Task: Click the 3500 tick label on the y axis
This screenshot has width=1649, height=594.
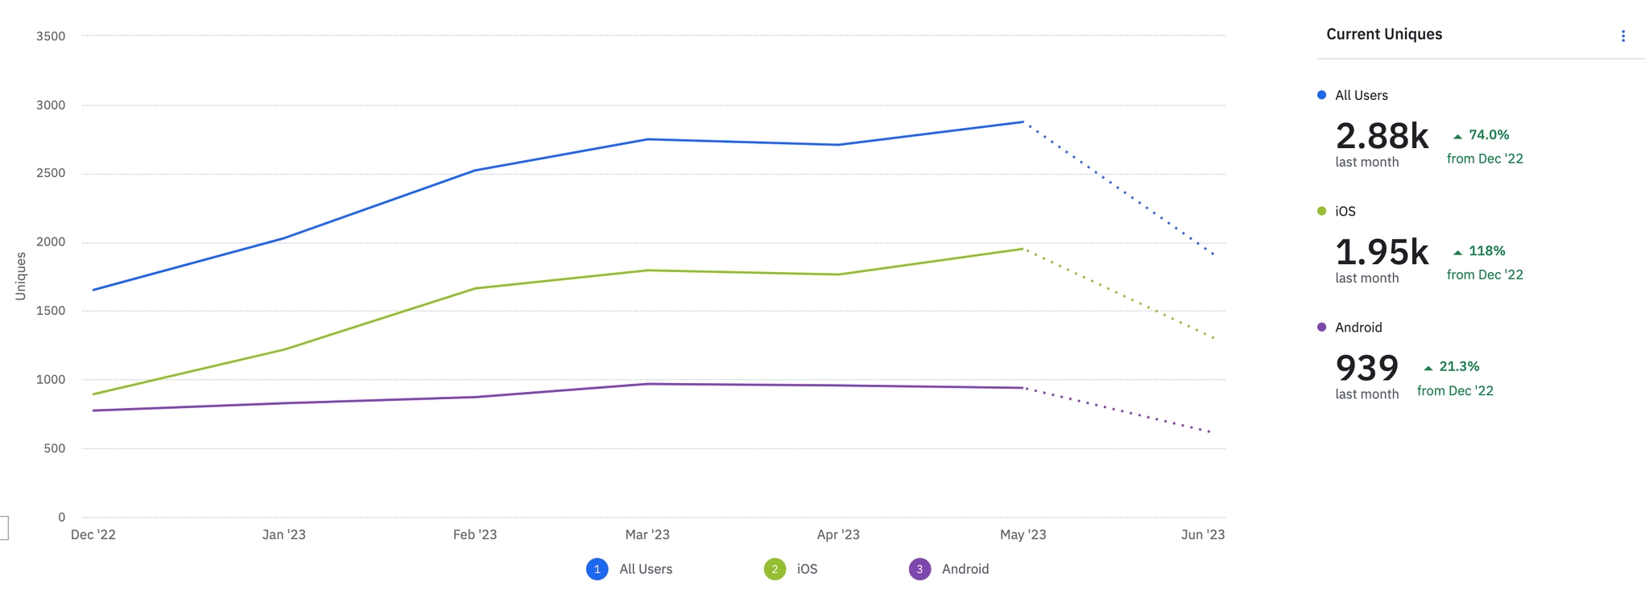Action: coord(51,36)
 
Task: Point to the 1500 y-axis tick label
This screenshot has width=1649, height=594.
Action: coord(51,311)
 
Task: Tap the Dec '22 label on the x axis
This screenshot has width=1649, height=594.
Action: coord(93,534)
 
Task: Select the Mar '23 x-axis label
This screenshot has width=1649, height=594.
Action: coord(647,534)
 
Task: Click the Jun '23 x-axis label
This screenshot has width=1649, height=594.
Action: coord(1203,534)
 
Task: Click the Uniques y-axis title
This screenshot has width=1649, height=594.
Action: coord(21,276)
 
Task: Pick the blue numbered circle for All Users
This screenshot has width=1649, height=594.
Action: coord(597,569)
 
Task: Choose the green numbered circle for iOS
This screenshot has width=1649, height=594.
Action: coord(775,569)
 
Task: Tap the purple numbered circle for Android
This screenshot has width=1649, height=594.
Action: coord(920,569)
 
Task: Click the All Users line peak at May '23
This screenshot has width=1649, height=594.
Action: coord(1023,122)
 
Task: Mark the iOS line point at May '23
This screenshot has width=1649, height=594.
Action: coord(1023,249)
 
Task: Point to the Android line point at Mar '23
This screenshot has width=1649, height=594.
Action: coord(648,384)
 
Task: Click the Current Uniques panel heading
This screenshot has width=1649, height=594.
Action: coord(1384,35)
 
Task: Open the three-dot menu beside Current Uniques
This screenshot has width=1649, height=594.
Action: coord(1623,36)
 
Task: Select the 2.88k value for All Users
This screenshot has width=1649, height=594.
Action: coord(1382,136)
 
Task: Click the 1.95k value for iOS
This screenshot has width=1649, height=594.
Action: coord(1382,252)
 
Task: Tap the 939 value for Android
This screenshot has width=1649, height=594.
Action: coord(1367,368)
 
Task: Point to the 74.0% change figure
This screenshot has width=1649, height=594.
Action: coord(1489,135)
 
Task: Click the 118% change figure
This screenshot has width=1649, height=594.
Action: coord(1486,251)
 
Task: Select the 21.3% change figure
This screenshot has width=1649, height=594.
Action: coord(1459,366)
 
